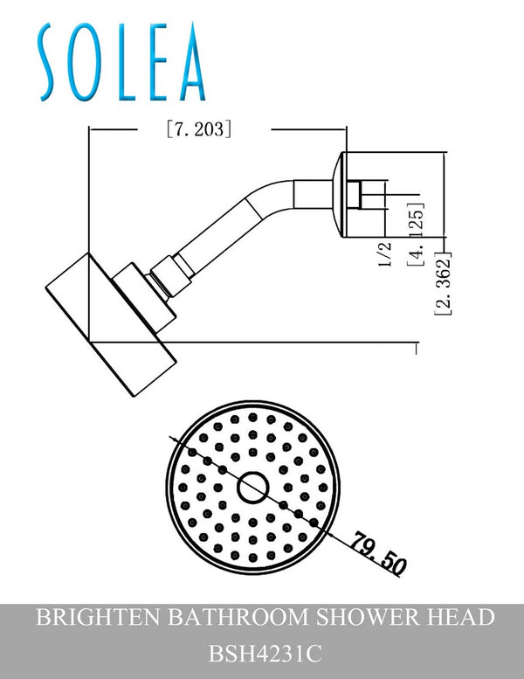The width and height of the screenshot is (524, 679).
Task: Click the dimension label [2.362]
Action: coord(443,284)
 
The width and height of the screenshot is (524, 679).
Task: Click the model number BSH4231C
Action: coord(262,652)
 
